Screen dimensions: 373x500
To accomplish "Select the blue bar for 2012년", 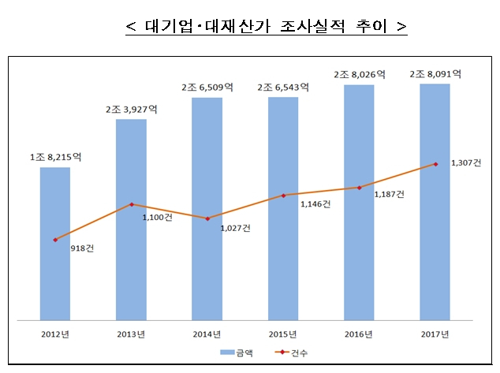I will [x=55, y=244].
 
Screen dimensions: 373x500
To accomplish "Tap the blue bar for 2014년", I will [x=207, y=209].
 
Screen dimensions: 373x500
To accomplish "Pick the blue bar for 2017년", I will [x=435, y=201].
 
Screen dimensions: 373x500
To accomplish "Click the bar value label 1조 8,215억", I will [x=55, y=158].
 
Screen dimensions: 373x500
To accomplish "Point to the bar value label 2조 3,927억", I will [x=131, y=110].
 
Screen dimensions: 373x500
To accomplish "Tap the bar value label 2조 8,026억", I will [x=359, y=74].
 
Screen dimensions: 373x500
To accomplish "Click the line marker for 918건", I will [x=55, y=240].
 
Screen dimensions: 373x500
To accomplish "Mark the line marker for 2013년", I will [x=131, y=204].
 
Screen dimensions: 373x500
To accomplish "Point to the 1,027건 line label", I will [x=236, y=228].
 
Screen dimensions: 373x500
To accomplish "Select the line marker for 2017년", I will [x=435, y=164].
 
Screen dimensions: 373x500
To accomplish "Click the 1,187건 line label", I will [x=389, y=194].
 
